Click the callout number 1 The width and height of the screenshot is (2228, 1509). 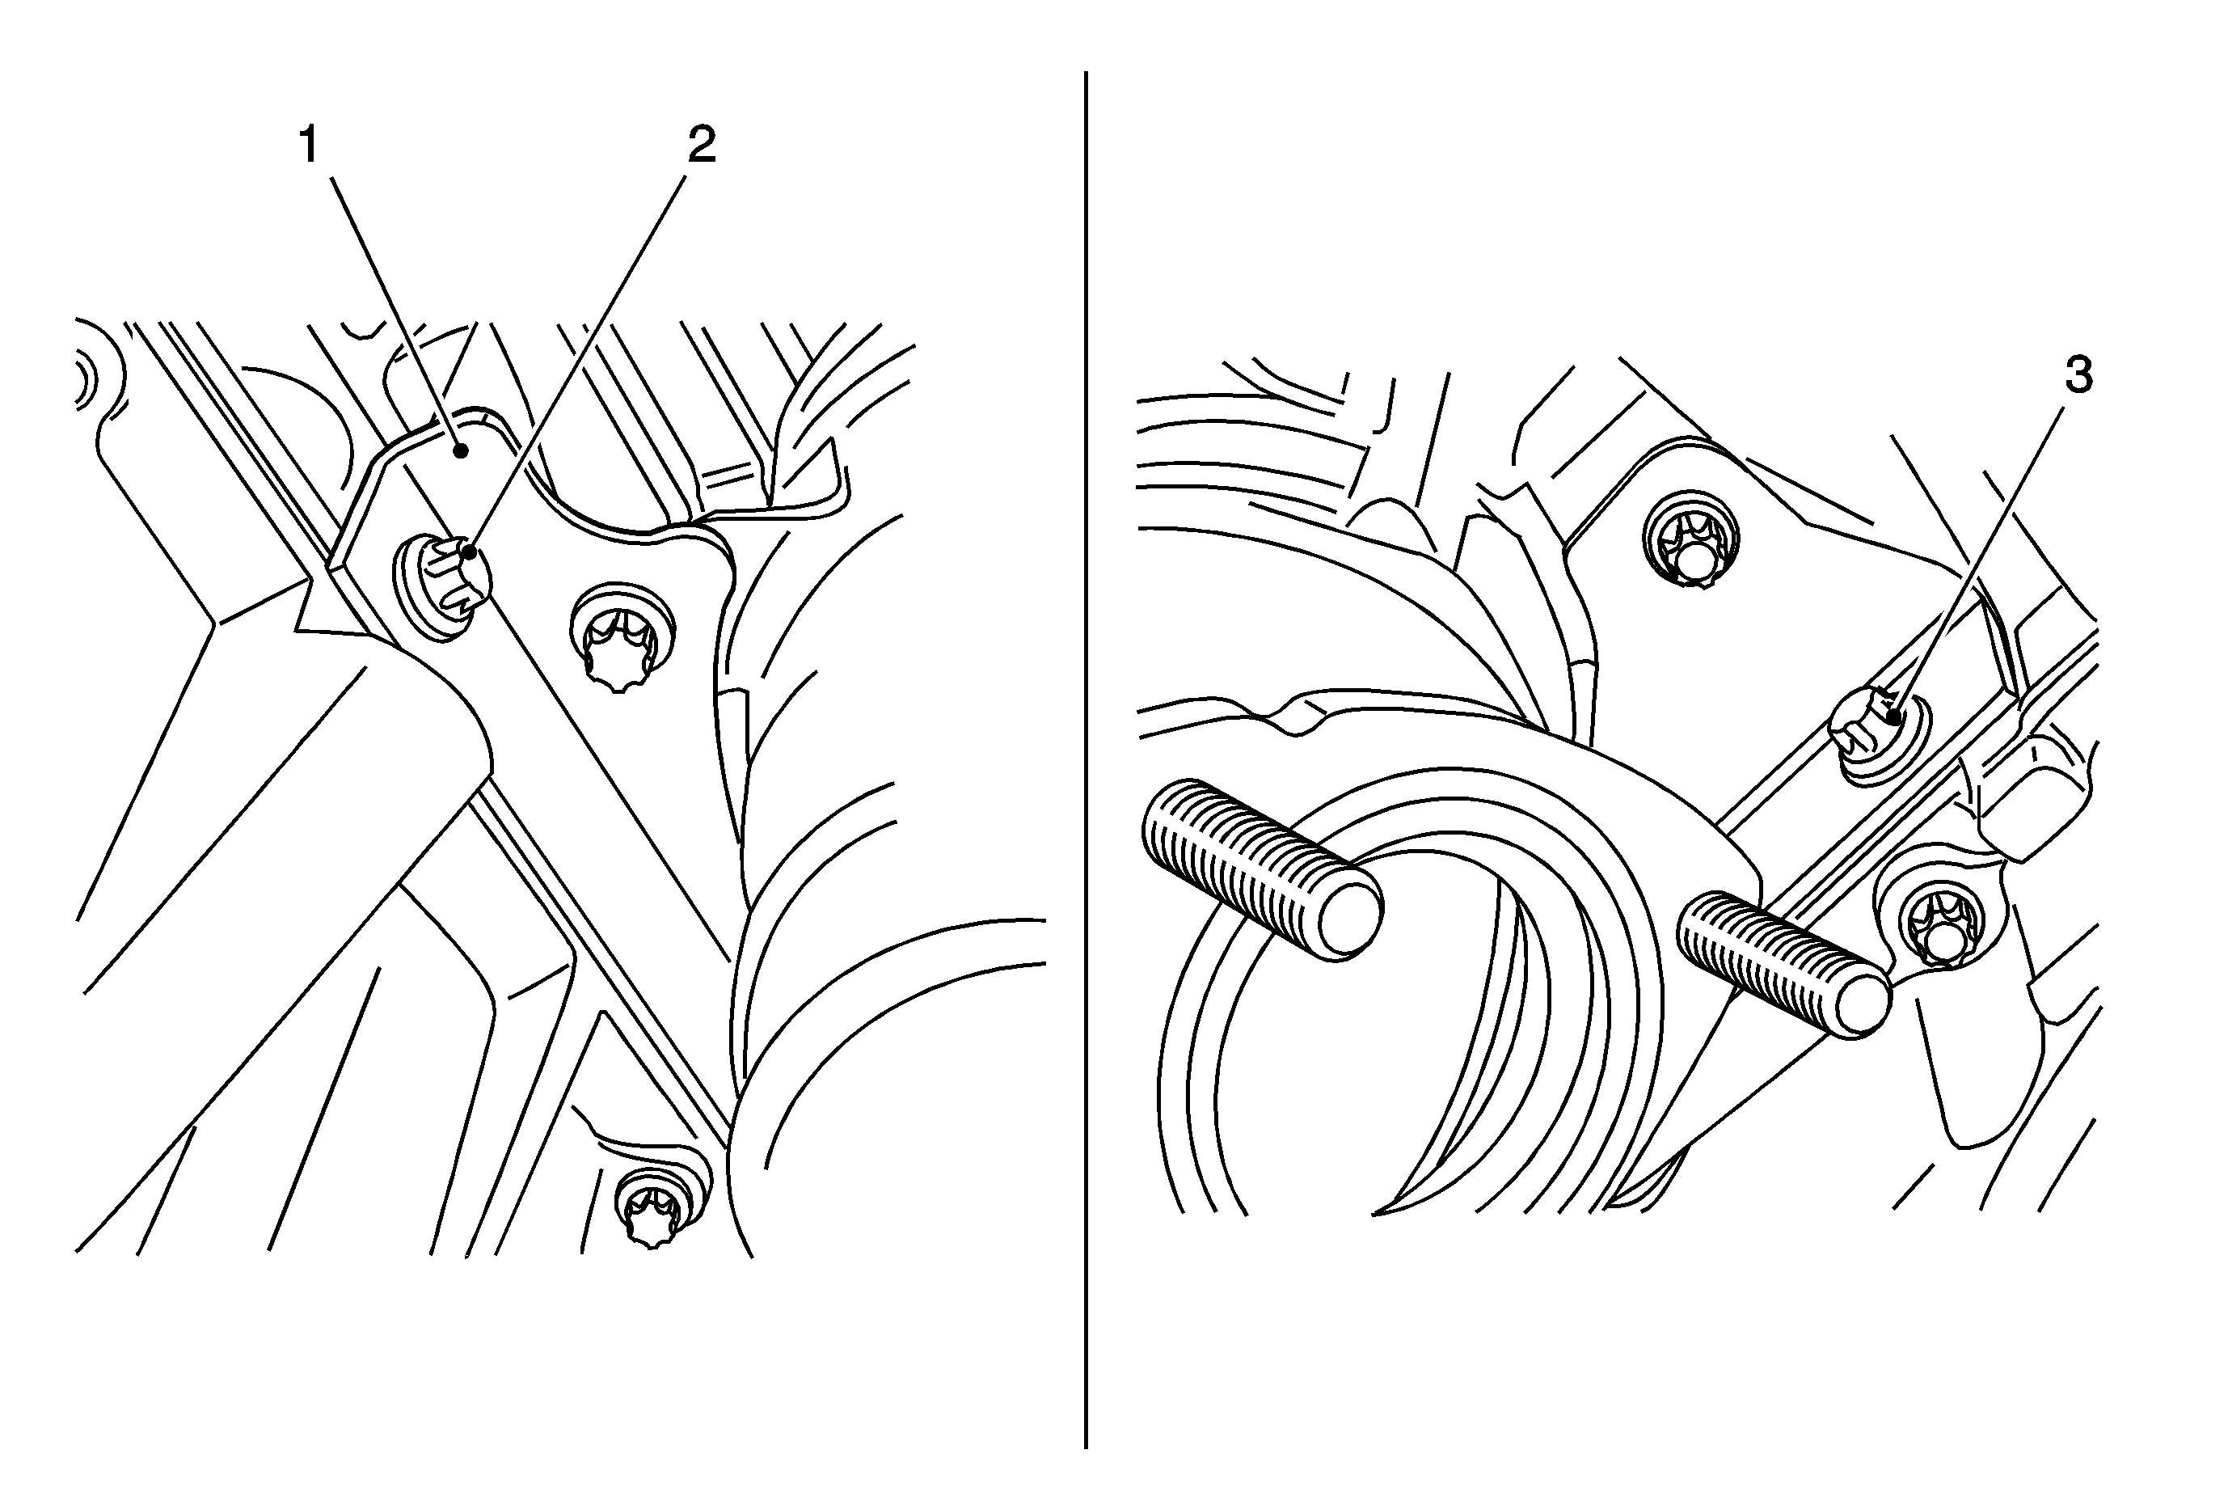pyautogui.click(x=309, y=146)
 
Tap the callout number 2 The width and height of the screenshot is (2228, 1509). pyautogui.click(x=702, y=146)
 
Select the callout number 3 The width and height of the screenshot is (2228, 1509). pyautogui.click(x=2078, y=377)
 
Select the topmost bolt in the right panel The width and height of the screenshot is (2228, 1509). pyautogui.click(x=1692, y=539)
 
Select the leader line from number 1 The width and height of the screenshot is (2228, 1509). pyautogui.click(x=396, y=311)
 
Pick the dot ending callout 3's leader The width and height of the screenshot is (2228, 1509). pyautogui.click(x=1893, y=713)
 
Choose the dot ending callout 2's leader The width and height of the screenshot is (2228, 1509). pyautogui.click(x=469, y=552)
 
